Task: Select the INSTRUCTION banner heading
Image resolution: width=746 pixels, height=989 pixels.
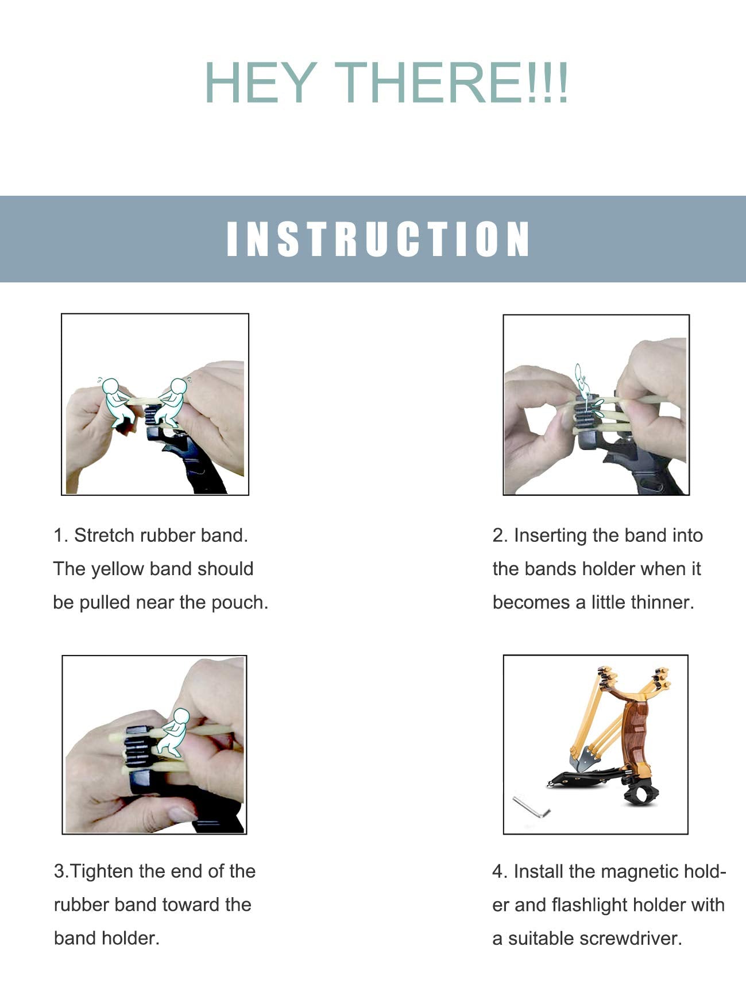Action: [x=378, y=239]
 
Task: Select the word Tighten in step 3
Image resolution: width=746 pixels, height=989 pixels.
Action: [x=102, y=871]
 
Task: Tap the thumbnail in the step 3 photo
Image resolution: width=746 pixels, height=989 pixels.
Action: [x=183, y=813]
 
